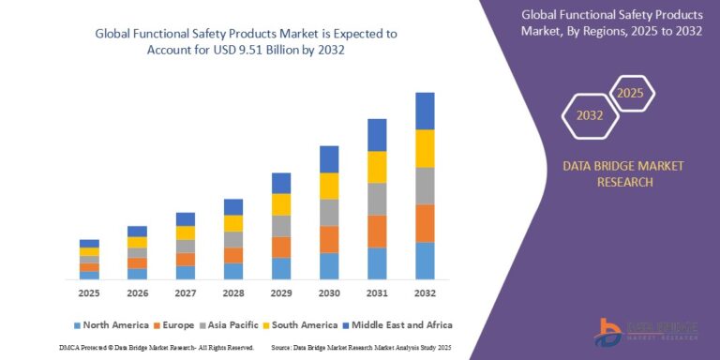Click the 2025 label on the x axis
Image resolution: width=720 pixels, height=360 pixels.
coord(89,292)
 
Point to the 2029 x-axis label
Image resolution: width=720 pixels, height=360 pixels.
coord(281,292)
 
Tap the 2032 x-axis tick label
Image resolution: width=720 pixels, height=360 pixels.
coord(425,292)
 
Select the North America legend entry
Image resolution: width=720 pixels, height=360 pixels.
coord(110,324)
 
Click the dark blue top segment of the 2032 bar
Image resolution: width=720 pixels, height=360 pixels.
coord(425,111)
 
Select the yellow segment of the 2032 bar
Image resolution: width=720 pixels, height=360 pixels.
coord(425,148)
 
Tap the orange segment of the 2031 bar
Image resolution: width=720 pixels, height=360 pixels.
coord(377,231)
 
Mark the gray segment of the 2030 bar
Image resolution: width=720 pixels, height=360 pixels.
coord(329,212)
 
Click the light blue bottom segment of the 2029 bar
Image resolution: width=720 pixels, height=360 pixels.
coord(281,268)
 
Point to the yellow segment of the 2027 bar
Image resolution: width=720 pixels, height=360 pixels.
coord(186,232)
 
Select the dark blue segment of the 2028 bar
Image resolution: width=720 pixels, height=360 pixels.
coord(233,206)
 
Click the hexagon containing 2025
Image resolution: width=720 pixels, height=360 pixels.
coord(632,94)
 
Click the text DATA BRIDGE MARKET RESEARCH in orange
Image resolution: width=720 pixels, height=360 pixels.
coord(622,173)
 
